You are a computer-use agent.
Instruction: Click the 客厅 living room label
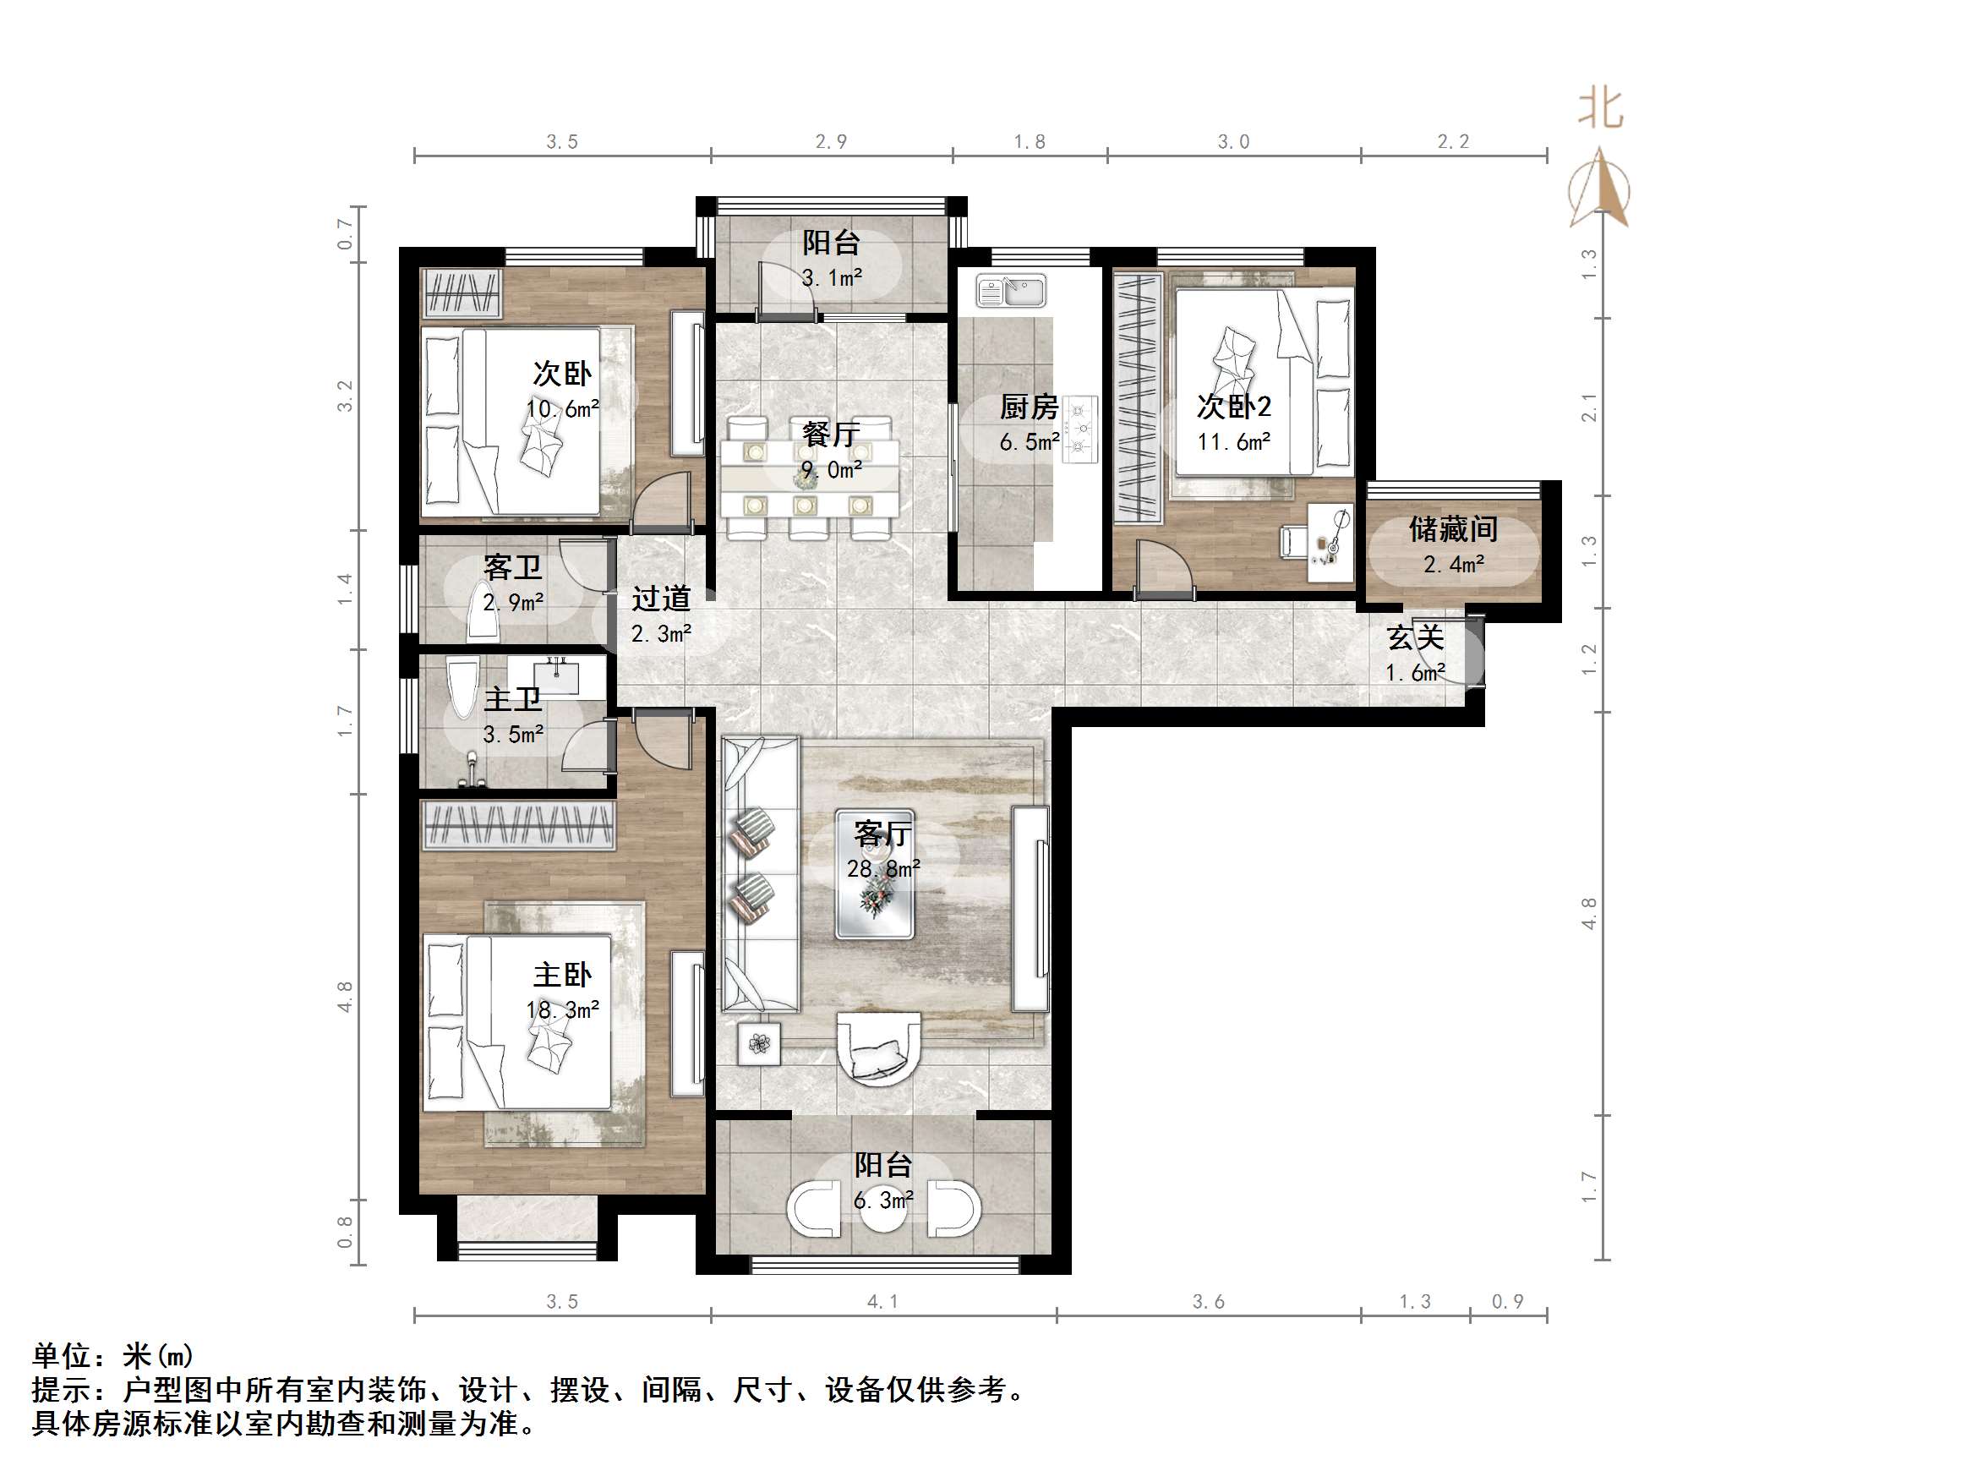click(x=882, y=834)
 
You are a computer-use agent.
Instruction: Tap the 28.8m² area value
click(x=883, y=869)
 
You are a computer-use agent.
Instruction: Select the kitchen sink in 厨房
click(x=1012, y=290)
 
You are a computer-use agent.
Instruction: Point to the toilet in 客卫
click(x=484, y=613)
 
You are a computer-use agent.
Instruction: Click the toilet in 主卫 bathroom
click(x=462, y=687)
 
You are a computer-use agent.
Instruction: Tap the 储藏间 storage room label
click(x=1453, y=529)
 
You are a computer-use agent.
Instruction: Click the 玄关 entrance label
click(x=1415, y=637)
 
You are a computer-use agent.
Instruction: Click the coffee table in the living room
click(x=874, y=897)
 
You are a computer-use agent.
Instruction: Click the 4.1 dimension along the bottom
click(x=882, y=1301)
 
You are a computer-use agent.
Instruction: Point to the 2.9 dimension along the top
click(x=831, y=142)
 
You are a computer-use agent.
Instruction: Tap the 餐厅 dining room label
click(x=831, y=434)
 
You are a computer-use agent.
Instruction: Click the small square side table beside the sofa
click(x=760, y=1043)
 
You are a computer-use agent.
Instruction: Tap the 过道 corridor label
click(x=660, y=599)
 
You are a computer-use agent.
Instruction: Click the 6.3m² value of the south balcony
click(x=883, y=1200)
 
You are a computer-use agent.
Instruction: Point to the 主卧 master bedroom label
click(x=561, y=976)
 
